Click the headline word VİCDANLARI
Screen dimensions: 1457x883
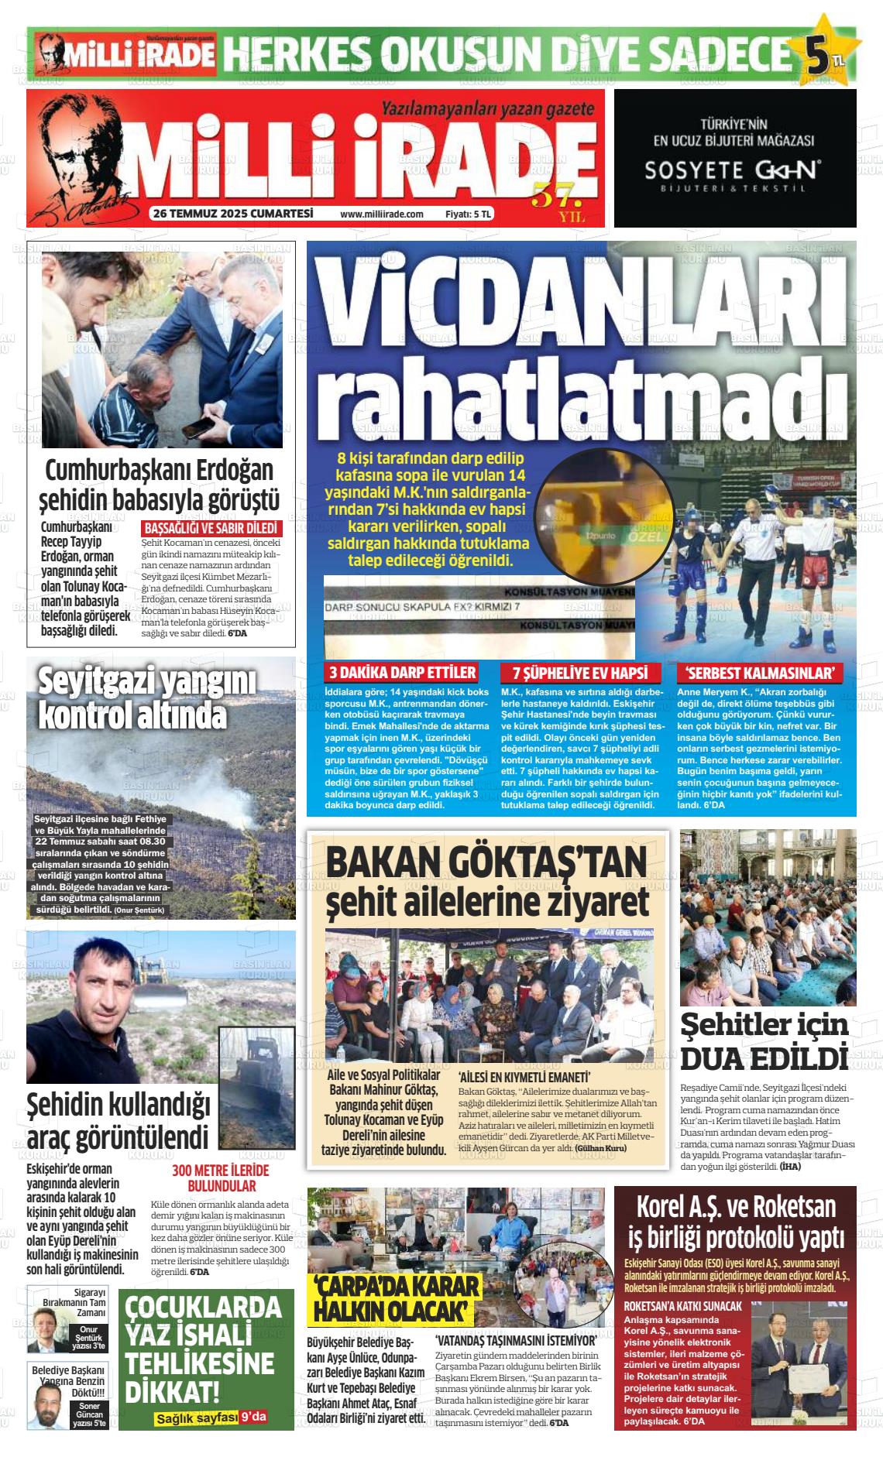581,300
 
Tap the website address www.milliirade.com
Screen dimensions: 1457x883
381,214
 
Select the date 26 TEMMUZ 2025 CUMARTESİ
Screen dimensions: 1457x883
232,214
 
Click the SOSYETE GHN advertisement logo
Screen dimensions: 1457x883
734,170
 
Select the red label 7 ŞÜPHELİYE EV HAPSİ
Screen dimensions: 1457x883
575,673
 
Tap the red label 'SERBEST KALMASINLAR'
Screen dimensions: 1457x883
759,673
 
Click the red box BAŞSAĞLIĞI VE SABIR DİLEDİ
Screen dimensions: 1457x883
211,530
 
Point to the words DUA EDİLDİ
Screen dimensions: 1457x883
763,1059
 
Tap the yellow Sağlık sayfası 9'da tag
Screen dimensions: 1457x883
210,1418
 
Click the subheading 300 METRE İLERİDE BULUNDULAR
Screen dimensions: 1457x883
220,1178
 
